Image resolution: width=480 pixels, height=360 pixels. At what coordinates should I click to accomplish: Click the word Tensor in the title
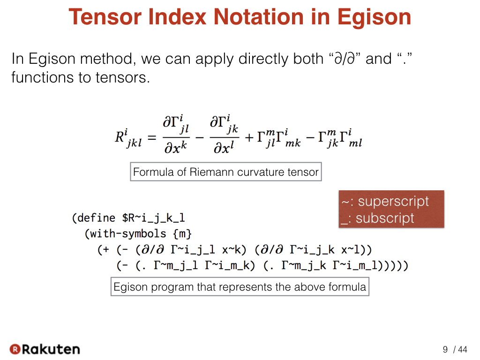(105, 17)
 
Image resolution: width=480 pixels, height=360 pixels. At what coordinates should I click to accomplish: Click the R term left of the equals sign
(128, 138)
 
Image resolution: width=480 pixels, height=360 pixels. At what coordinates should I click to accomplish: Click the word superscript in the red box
(393, 202)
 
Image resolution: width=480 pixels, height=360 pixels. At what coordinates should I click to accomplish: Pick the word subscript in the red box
(385, 218)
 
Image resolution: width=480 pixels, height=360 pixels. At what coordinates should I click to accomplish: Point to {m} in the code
(182, 234)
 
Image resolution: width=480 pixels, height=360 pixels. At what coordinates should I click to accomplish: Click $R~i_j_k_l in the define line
(153, 218)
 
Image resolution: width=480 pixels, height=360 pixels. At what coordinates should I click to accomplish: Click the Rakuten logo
(45, 349)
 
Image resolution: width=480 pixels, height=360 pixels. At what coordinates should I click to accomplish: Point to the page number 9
(445, 349)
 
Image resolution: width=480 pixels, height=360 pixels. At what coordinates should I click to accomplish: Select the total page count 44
(463, 349)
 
